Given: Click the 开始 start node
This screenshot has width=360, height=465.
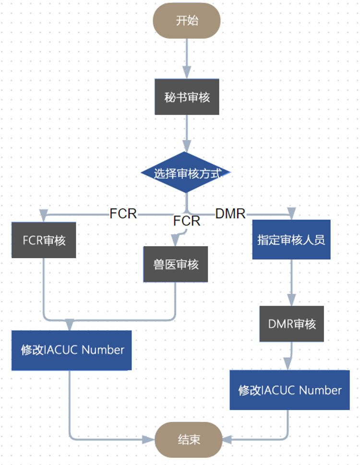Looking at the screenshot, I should (187, 21).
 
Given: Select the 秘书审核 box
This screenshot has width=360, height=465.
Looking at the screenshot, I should (187, 97).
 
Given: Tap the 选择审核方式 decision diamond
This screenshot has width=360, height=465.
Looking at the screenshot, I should (187, 173).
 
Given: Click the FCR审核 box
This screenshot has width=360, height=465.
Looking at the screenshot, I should (44, 240).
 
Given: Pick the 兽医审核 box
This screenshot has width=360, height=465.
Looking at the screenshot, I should (176, 264).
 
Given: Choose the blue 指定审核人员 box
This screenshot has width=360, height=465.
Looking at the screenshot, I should (291, 239).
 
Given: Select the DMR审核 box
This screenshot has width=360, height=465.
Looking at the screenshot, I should (291, 324).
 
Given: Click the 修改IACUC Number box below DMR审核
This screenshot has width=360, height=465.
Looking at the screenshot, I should (289, 390).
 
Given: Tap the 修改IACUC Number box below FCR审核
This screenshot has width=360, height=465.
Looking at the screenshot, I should (72, 350).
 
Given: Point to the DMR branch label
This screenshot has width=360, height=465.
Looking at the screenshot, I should (230, 214).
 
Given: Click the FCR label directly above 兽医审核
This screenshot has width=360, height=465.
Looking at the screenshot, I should (187, 221).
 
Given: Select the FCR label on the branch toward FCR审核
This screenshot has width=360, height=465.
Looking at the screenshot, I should (123, 214).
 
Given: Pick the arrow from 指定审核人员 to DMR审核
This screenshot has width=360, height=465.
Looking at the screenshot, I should (291, 283).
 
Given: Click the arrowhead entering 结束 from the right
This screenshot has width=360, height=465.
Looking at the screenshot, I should (226, 439).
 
